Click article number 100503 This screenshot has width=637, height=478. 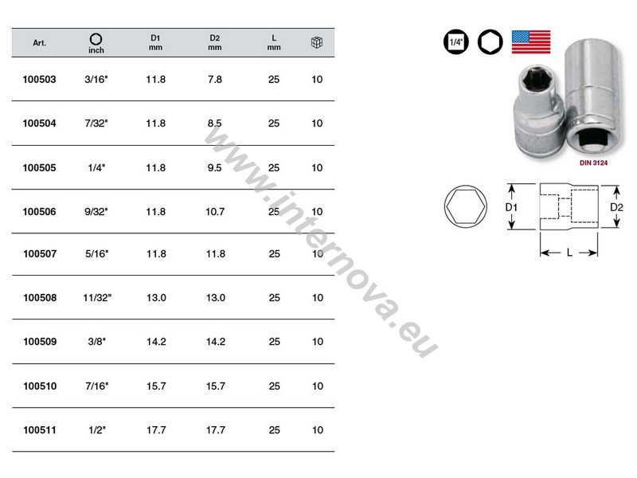pos(39,79)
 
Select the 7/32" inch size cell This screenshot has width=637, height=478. pos(96,123)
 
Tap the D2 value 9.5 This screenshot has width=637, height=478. pos(214,167)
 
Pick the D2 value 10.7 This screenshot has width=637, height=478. pos(215,211)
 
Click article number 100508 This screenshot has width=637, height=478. pos(40,297)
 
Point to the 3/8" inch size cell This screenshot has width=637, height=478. pos(96,342)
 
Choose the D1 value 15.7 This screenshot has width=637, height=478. pos(156,386)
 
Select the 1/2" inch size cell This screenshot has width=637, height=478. pos(97,429)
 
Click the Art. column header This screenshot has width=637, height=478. pos(39,43)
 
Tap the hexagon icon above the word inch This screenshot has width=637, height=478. pos(96,39)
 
